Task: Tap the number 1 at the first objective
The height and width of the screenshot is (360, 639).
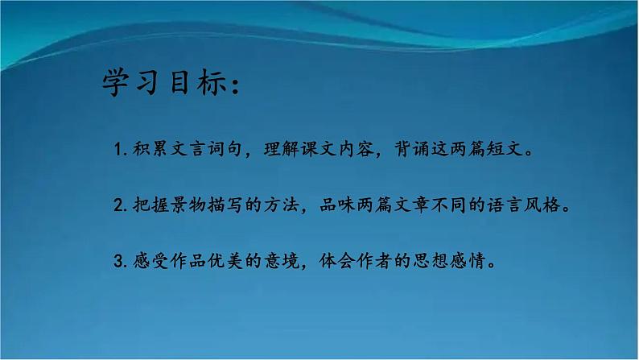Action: point(118,151)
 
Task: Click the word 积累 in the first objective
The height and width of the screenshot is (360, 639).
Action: point(146,150)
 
